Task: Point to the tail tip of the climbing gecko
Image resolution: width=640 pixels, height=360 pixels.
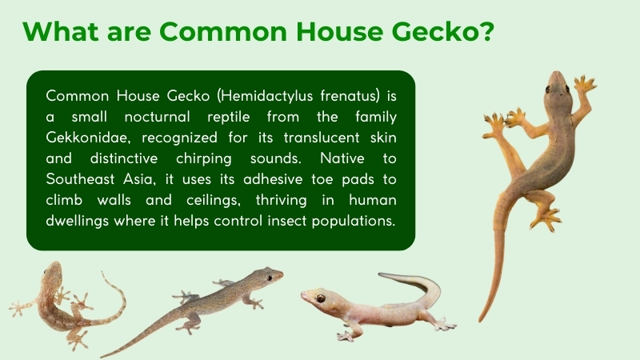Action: tap(482, 318)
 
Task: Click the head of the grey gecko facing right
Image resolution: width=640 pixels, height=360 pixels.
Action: tap(272, 277)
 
